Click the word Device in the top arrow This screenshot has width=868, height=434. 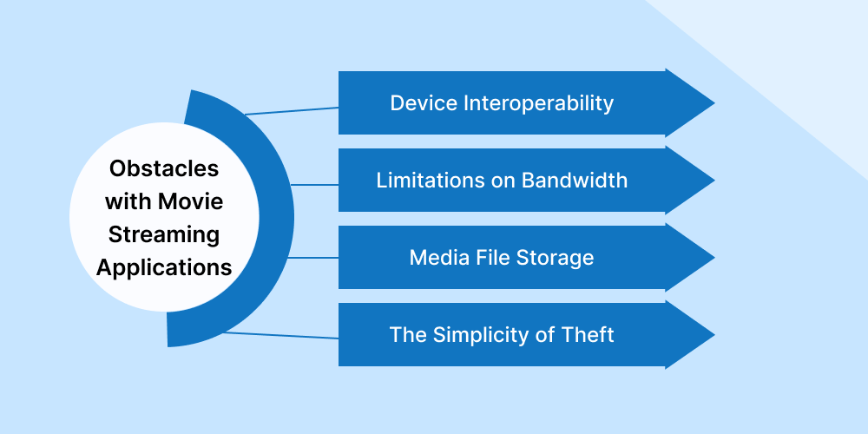tap(423, 103)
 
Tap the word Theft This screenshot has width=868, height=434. tap(588, 334)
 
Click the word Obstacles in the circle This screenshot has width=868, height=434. tap(164, 168)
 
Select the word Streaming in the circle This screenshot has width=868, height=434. tap(164, 234)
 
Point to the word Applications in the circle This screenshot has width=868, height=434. tap(164, 267)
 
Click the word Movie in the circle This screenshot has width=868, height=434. tap(191, 201)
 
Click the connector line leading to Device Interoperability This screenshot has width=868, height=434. tap(292, 111)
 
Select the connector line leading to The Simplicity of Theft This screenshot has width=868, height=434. tap(281, 335)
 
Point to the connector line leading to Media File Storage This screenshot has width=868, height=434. tap(312, 258)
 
